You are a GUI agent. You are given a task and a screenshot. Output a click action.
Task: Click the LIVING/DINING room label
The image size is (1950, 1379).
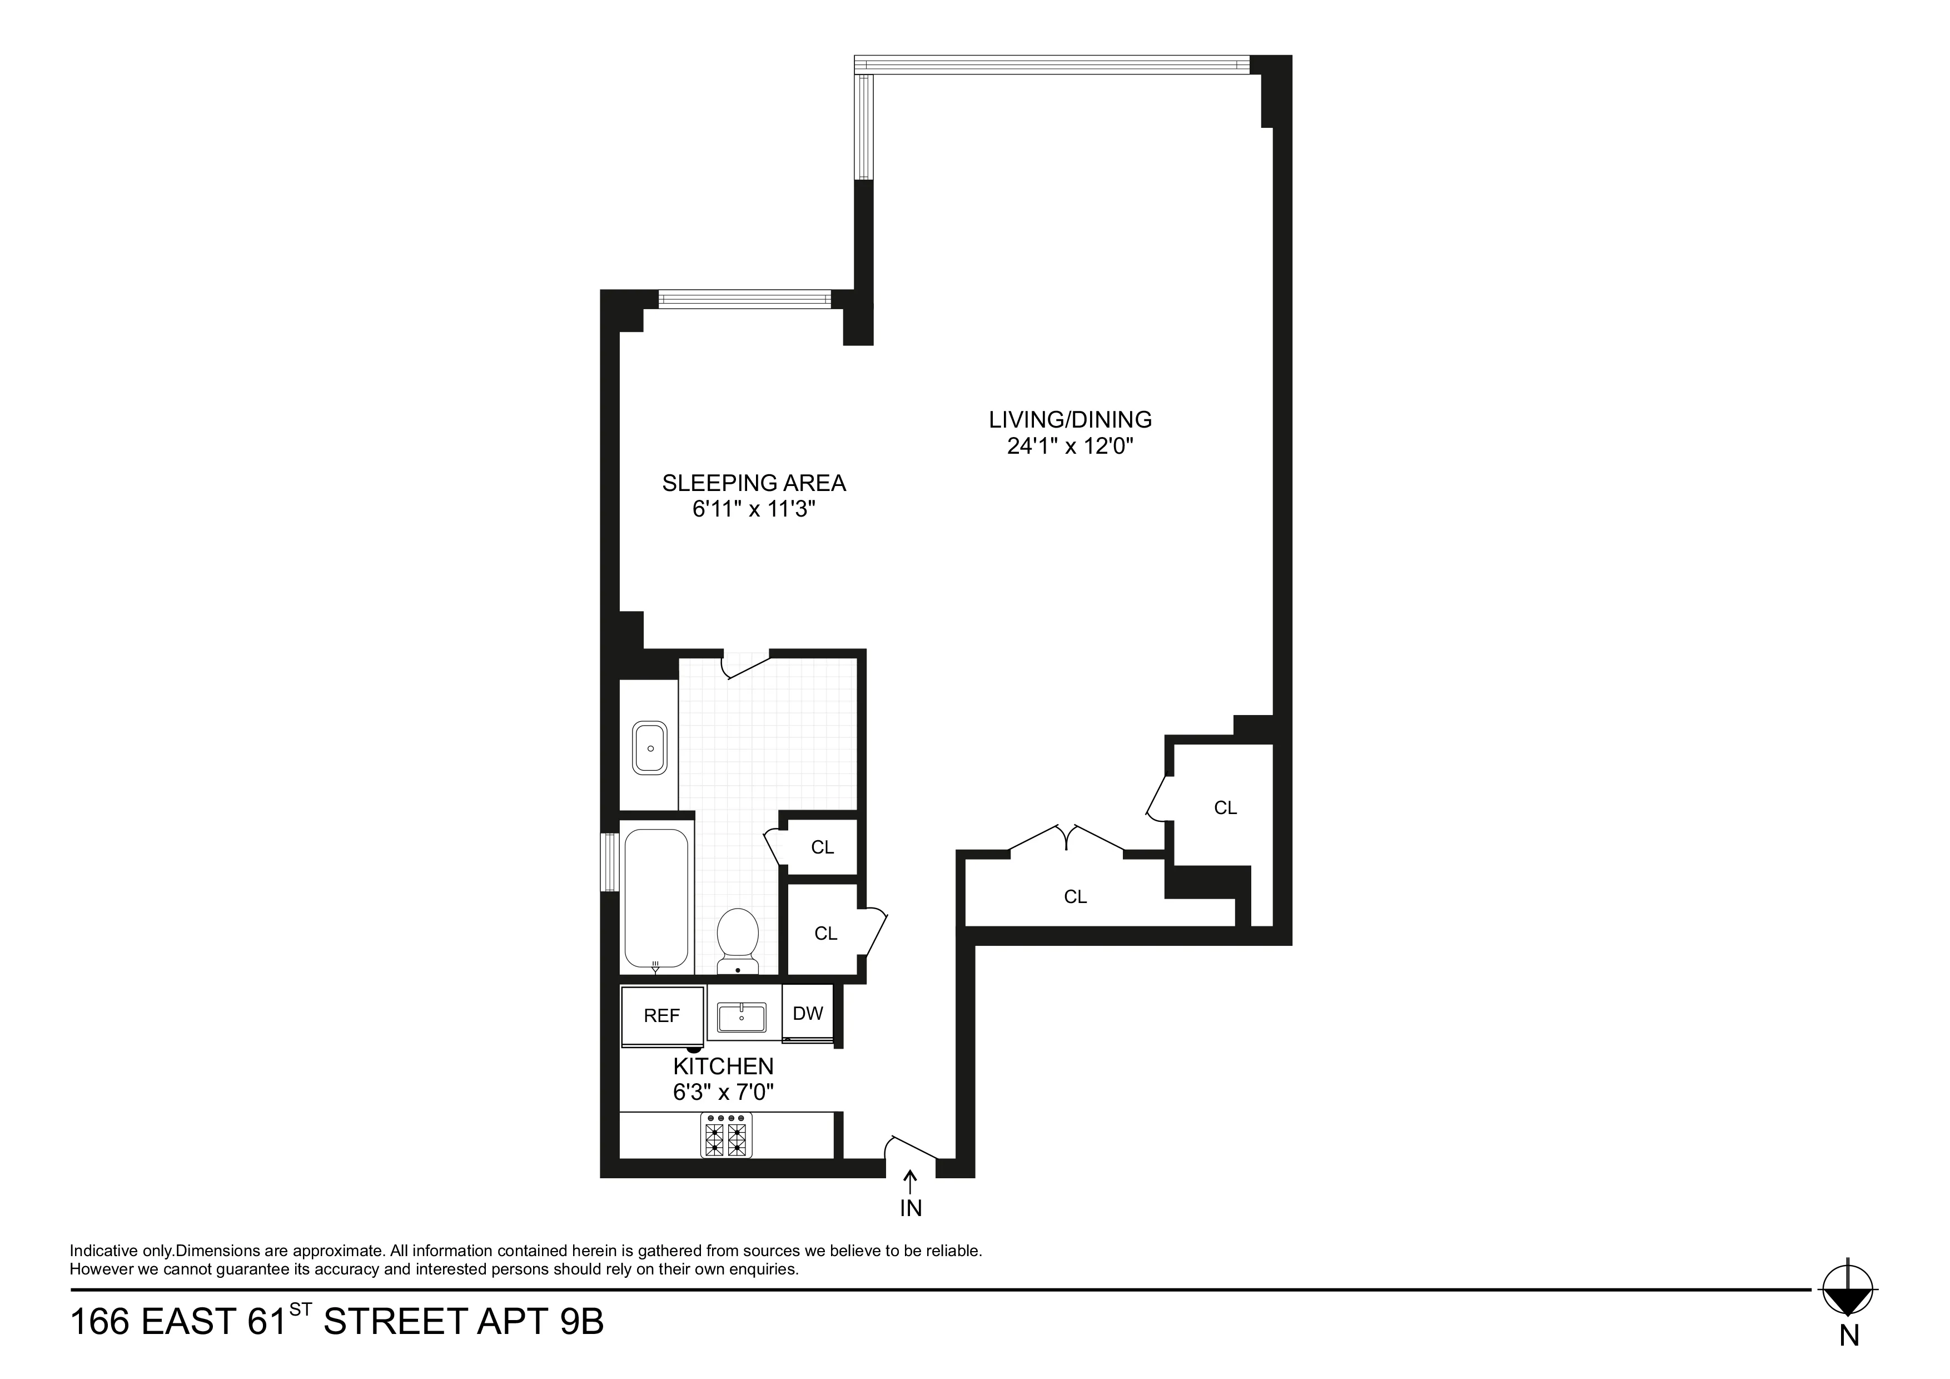(x=1069, y=420)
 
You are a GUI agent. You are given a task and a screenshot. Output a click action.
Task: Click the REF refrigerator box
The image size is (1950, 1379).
(x=661, y=1016)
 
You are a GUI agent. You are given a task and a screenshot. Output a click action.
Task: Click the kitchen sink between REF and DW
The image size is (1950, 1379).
(x=742, y=1017)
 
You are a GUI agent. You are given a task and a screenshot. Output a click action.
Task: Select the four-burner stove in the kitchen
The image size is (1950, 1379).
(x=726, y=1135)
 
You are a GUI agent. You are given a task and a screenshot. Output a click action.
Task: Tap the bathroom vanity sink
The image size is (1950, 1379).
(x=650, y=748)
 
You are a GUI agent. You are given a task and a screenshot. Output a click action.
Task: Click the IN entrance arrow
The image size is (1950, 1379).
(x=911, y=1184)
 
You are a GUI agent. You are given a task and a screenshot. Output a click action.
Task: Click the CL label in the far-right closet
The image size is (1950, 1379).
(x=1225, y=808)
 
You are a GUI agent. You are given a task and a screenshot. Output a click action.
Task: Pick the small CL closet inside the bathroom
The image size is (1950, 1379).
(x=822, y=847)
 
